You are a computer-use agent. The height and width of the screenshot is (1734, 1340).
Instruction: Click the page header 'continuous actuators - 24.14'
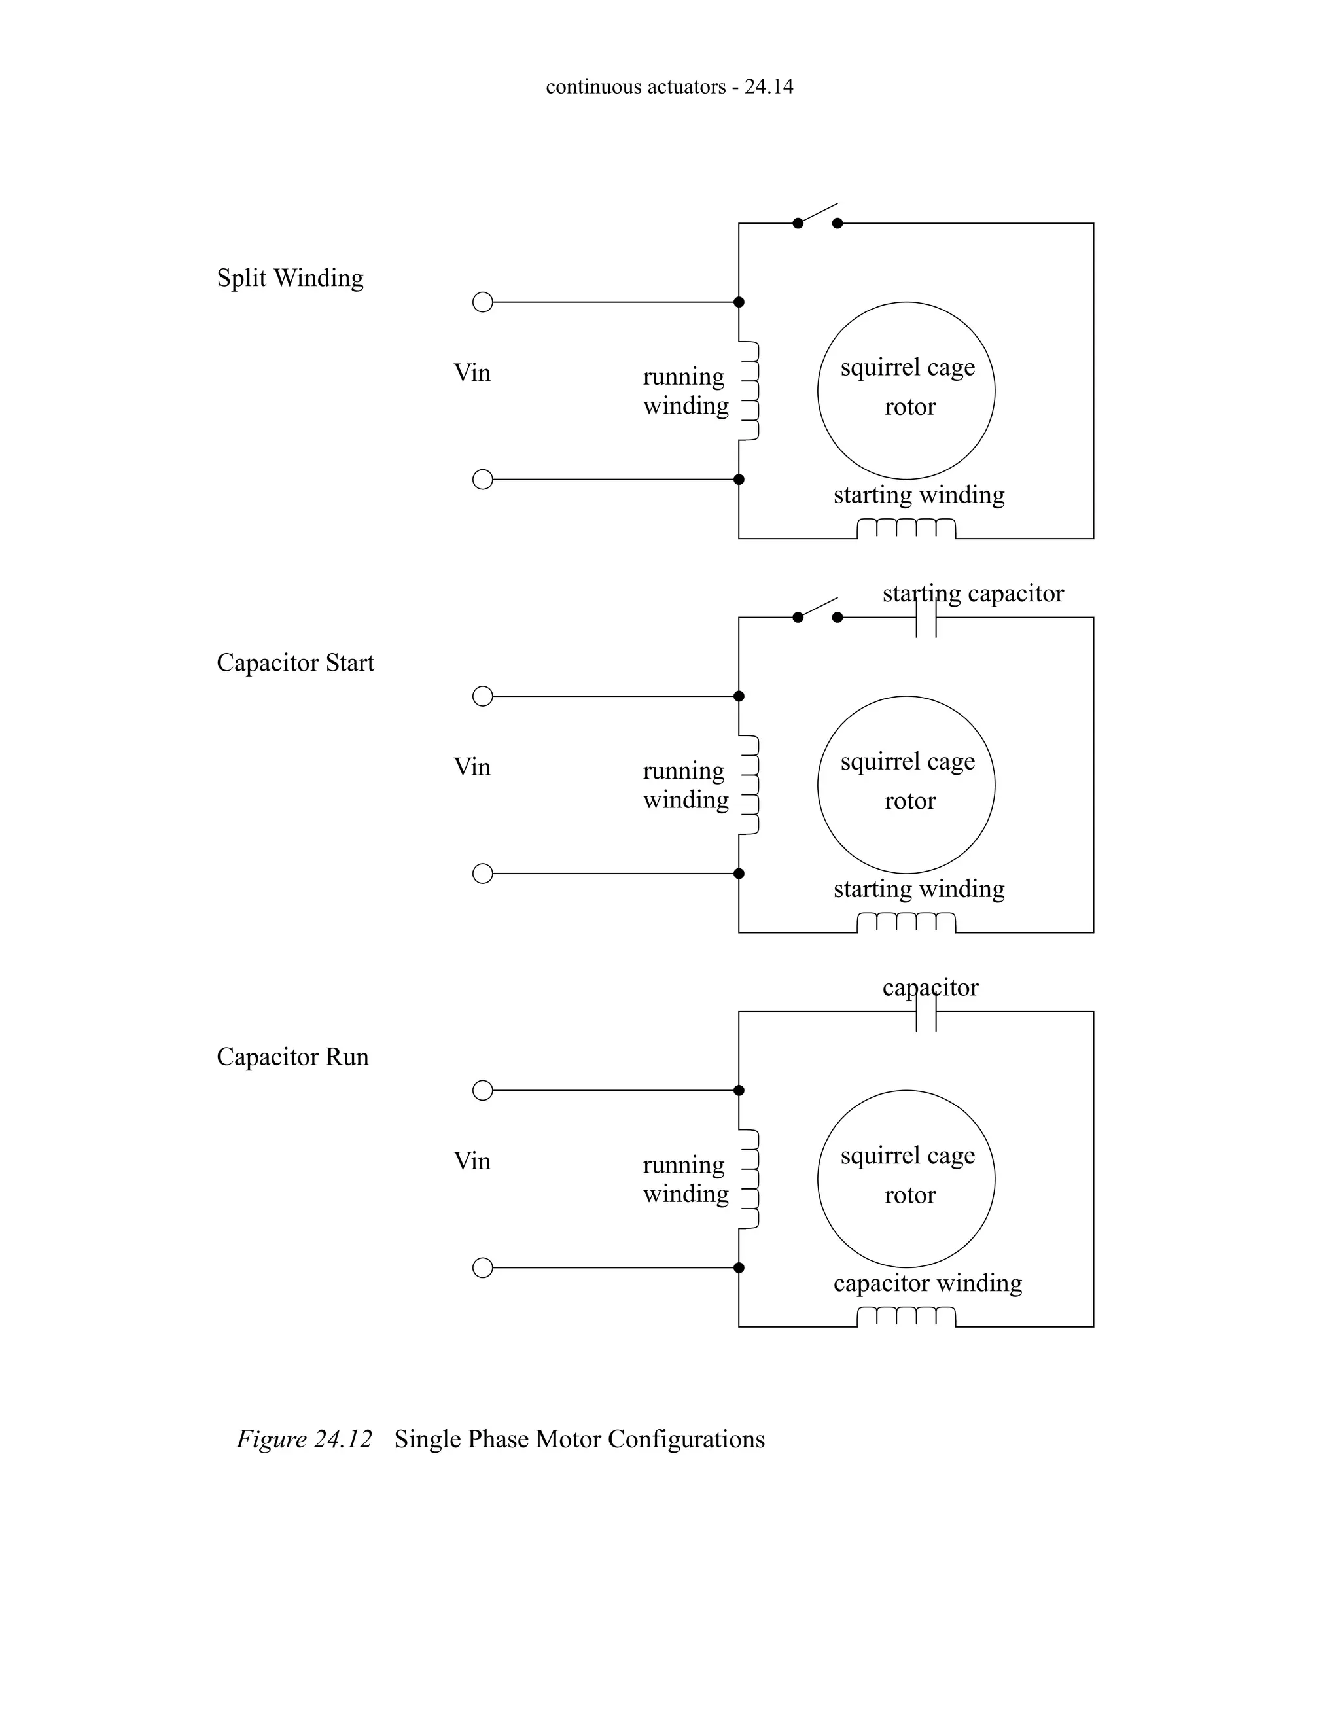(669, 86)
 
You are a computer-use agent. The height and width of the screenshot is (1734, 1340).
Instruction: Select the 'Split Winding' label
(290, 278)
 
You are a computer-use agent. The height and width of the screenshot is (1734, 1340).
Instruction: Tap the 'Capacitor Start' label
(294, 663)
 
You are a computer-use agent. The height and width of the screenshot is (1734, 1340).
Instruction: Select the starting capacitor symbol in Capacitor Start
(926, 618)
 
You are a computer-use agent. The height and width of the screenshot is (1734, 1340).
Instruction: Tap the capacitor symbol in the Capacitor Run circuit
(926, 1012)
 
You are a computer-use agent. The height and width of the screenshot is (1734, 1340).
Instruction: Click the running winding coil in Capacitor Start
(750, 785)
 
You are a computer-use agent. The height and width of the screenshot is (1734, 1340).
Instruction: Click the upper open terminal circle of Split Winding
(483, 302)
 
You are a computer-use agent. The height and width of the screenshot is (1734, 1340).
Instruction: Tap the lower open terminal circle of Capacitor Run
(483, 1268)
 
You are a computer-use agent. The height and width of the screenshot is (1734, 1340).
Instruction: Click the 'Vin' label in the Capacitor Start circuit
(472, 767)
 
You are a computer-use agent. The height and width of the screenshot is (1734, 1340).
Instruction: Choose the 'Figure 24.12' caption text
(304, 1440)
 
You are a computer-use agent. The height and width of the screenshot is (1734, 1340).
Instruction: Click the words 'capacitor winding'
(927, 1283)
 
